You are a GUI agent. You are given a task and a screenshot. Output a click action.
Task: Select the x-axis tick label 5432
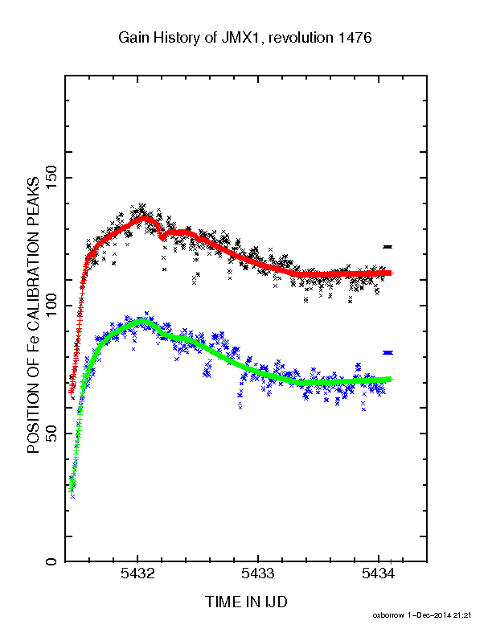137,573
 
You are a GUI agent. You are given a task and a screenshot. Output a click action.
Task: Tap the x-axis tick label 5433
258,573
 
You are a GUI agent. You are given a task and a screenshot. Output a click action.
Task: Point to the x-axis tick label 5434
378,573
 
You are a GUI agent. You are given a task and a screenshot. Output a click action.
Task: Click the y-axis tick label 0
51,561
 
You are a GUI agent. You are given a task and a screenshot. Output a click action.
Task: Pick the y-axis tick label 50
51,434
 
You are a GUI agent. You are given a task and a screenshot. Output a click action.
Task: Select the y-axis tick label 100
51,306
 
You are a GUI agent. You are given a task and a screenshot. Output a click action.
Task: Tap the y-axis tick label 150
51,178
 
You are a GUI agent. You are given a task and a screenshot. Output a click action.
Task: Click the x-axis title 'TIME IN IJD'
246,602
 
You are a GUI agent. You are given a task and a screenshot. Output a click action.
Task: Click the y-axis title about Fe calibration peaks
33,315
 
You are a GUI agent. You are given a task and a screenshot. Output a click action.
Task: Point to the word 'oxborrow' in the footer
388,615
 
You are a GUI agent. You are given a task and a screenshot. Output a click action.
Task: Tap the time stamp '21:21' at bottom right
462,615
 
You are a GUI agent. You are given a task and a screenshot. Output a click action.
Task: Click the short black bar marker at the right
387,247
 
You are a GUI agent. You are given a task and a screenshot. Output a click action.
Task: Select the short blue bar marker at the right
387,352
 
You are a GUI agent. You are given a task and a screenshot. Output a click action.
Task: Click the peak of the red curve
144,219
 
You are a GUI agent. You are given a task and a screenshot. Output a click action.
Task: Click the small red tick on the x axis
391,562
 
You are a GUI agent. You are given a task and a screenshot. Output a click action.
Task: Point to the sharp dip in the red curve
162,238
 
